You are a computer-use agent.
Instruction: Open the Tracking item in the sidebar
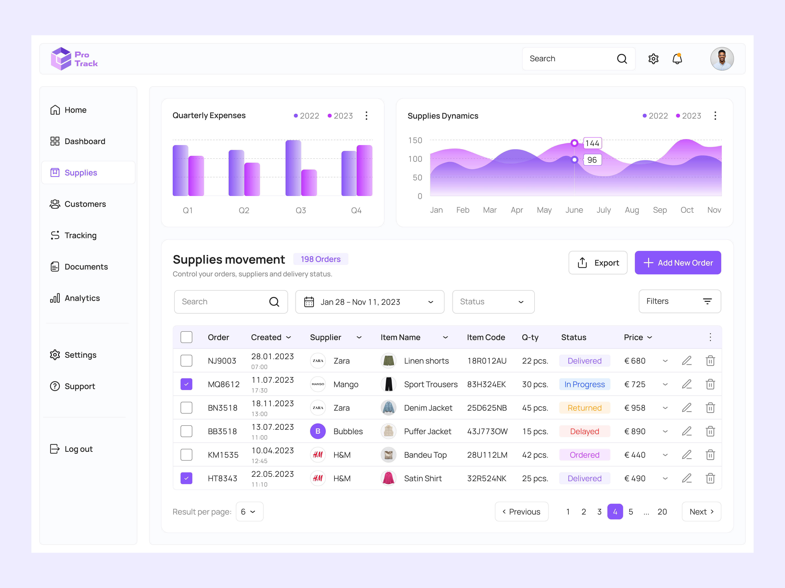[x=80, y=235]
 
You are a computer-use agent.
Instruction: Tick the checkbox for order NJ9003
[x=186, y=361]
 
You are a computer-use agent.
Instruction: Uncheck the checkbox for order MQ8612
[x=186, y=384]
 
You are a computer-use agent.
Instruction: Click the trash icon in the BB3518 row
[x=710, y=431]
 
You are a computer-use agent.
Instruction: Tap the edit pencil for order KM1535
[x=687, y=455]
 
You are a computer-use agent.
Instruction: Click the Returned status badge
[x=584, y=408]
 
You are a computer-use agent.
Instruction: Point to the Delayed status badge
[x=584, y=431]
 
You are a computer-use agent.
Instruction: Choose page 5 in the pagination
[x=631, y=512]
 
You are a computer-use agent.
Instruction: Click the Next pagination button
[x=701, y=512]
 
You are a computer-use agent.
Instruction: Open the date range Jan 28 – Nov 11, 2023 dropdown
[x=369, y=302]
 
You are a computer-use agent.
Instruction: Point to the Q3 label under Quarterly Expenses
[x=301, y=211]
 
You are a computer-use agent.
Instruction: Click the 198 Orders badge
[x=320, y=259]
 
